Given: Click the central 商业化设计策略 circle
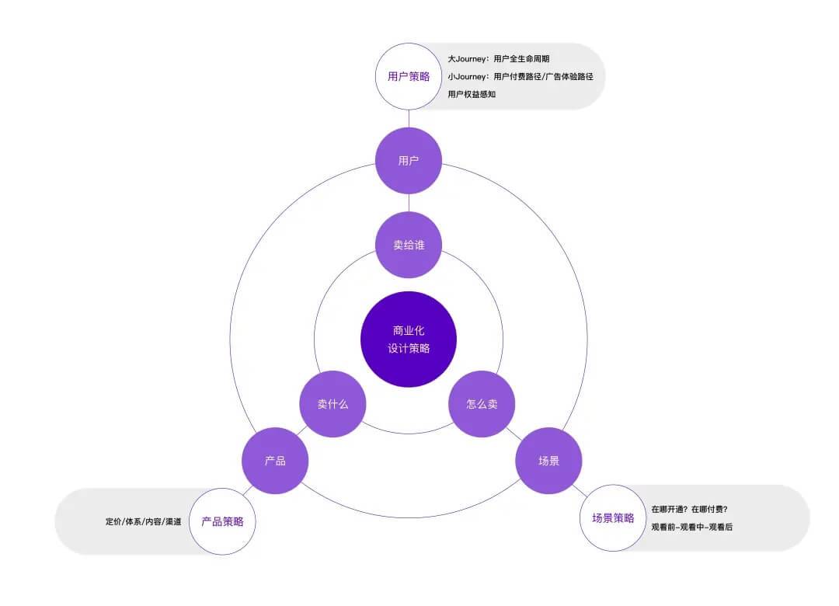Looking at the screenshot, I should point(409,339).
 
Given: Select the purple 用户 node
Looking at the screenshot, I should point(409,161).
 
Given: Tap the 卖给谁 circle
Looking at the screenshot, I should point(409,245).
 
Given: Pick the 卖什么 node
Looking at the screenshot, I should point(332,404).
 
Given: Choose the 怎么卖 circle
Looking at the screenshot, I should point(482,404).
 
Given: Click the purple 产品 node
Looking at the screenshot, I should point(275,461).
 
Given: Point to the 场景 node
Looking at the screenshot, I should point(548,461).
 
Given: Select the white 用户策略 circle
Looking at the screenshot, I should point(409,76).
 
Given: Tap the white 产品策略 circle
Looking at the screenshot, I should point(222,521).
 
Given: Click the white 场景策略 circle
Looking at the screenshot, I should point(613,517).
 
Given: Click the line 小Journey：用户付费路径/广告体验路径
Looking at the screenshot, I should point(520,76).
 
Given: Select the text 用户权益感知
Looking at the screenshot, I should point(472,94).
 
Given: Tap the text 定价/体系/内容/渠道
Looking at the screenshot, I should point(144,521).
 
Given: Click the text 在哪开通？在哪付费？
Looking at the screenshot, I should point(689,510).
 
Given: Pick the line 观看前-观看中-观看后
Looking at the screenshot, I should point(691,527).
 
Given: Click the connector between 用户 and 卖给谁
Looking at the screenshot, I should point(409,203).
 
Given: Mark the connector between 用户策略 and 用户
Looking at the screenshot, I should point(409,118).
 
